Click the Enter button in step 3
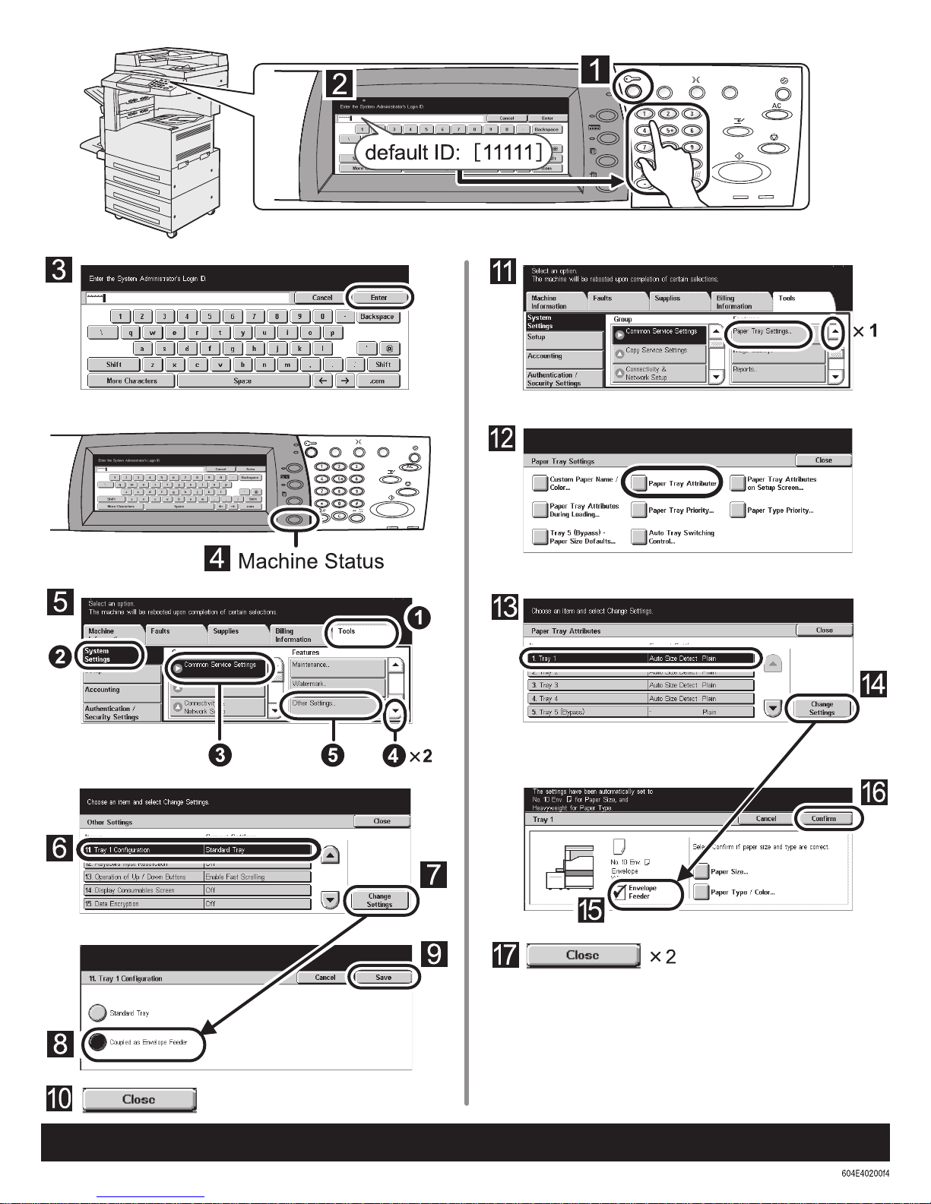pyautogui.click(x=378, y=298)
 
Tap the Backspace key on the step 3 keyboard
pyautogui.click(x=377, y=317)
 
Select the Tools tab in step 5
pyautogui.click(x=361, y=632)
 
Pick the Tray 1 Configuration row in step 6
pyautogui.click(x=195, y=850)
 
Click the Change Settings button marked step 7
pyautogui.click(x=379, y=900)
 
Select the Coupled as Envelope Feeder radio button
pyautogui.click(x=97, y=1041)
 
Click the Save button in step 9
pyautogui.click(x=383, y=978)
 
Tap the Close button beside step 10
pyautogui.click(x=139, y=1099)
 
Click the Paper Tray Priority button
pyautogui.click(x=673, y=510)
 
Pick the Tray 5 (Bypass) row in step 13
pyautogui.click(x=640, y=713)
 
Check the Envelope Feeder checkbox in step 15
pyautogui.click(x=620, y=893)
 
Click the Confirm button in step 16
pyautogui.click(x=823, y=819)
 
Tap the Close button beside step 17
pyautogui.click(x=583, y=956)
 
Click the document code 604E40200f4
pyautogui.click(x=865, y=1173)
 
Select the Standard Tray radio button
pyautogui.click(x=97, y=1013)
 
